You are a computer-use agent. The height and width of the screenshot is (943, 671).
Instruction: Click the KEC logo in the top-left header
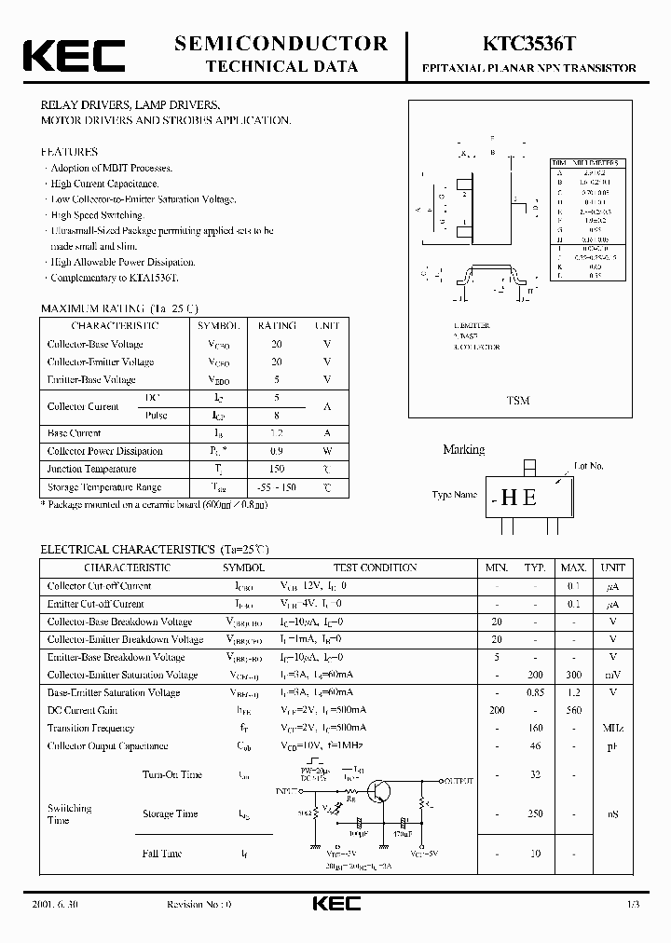point(74,55)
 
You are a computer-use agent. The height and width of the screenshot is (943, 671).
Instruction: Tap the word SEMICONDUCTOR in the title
point(281,44)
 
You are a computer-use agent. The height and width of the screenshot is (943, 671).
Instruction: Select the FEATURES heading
point(68,151)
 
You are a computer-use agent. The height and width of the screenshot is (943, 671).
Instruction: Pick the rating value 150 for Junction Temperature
point(277,469)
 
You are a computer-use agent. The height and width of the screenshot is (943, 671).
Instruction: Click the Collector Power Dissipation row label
point(104,451)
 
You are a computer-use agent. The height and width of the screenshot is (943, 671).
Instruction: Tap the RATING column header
point(277,325)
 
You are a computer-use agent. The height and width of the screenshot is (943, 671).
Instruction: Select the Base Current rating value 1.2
point(277,433)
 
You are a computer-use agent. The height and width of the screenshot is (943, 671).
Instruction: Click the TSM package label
point(518,400)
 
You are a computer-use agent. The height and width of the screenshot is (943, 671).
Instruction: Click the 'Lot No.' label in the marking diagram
point(589,465)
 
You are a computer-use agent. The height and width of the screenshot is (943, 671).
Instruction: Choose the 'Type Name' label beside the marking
point(455,495)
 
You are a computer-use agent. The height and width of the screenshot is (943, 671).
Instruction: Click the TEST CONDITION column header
point(375,567)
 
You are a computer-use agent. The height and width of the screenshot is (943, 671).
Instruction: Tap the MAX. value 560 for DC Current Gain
point(573,710)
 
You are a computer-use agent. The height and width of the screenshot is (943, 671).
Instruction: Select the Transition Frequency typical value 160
point(534,728)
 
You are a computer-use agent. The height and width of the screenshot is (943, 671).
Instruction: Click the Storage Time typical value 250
point(534,813)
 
